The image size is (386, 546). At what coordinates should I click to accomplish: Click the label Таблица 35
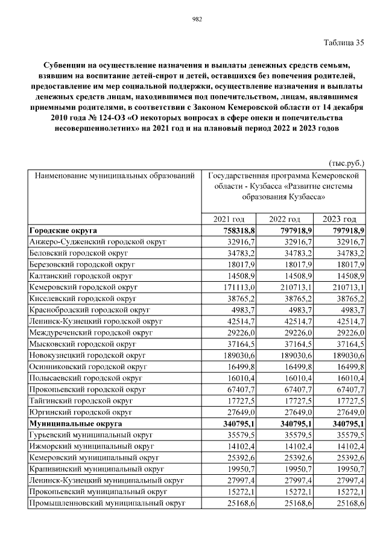344,42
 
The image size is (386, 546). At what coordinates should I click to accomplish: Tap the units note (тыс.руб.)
347,163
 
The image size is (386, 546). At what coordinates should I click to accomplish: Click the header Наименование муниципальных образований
115,176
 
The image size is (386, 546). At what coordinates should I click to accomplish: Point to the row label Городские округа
63,230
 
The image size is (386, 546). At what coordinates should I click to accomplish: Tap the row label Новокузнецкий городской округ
87,356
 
